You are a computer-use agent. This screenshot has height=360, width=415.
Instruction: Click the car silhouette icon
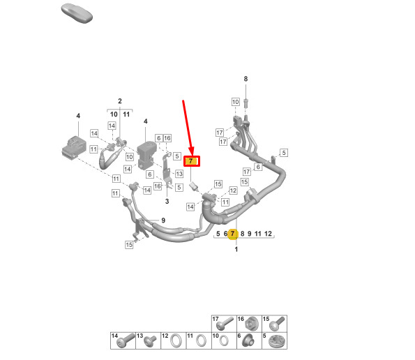tap(77, 13)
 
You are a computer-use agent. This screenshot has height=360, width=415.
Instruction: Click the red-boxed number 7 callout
tap(192, 161)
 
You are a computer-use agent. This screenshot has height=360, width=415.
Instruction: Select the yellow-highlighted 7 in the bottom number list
tap(233, 234)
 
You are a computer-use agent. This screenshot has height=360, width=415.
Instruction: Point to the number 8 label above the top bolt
tap(246, 79)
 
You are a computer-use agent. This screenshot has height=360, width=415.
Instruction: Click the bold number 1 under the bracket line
tap(236, 249)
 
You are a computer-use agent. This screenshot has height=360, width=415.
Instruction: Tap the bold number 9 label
tap(163, 220)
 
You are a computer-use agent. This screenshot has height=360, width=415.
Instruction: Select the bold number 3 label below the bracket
tap(167, 202)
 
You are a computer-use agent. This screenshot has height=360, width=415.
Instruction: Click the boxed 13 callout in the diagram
tap(179, 174)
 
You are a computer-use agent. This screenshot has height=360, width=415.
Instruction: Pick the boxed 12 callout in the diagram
tap(233, 190)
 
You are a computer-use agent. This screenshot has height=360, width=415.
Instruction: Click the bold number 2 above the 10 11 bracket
tap(120, 101)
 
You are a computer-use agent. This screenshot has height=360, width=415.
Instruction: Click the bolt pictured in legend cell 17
tap(225, 323)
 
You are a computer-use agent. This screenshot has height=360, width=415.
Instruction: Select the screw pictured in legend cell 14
tap(126, 340)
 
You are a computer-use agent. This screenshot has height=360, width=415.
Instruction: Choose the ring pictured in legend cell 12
tap(176, 340)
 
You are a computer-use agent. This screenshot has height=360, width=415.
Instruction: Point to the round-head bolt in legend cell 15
tap(277, 324)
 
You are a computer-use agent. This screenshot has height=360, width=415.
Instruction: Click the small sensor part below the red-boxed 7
tap(194, 186)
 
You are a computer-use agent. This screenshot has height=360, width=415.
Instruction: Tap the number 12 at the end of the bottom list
tap(268, 234)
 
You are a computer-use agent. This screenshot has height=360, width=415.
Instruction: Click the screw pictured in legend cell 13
tap(150, 341)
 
